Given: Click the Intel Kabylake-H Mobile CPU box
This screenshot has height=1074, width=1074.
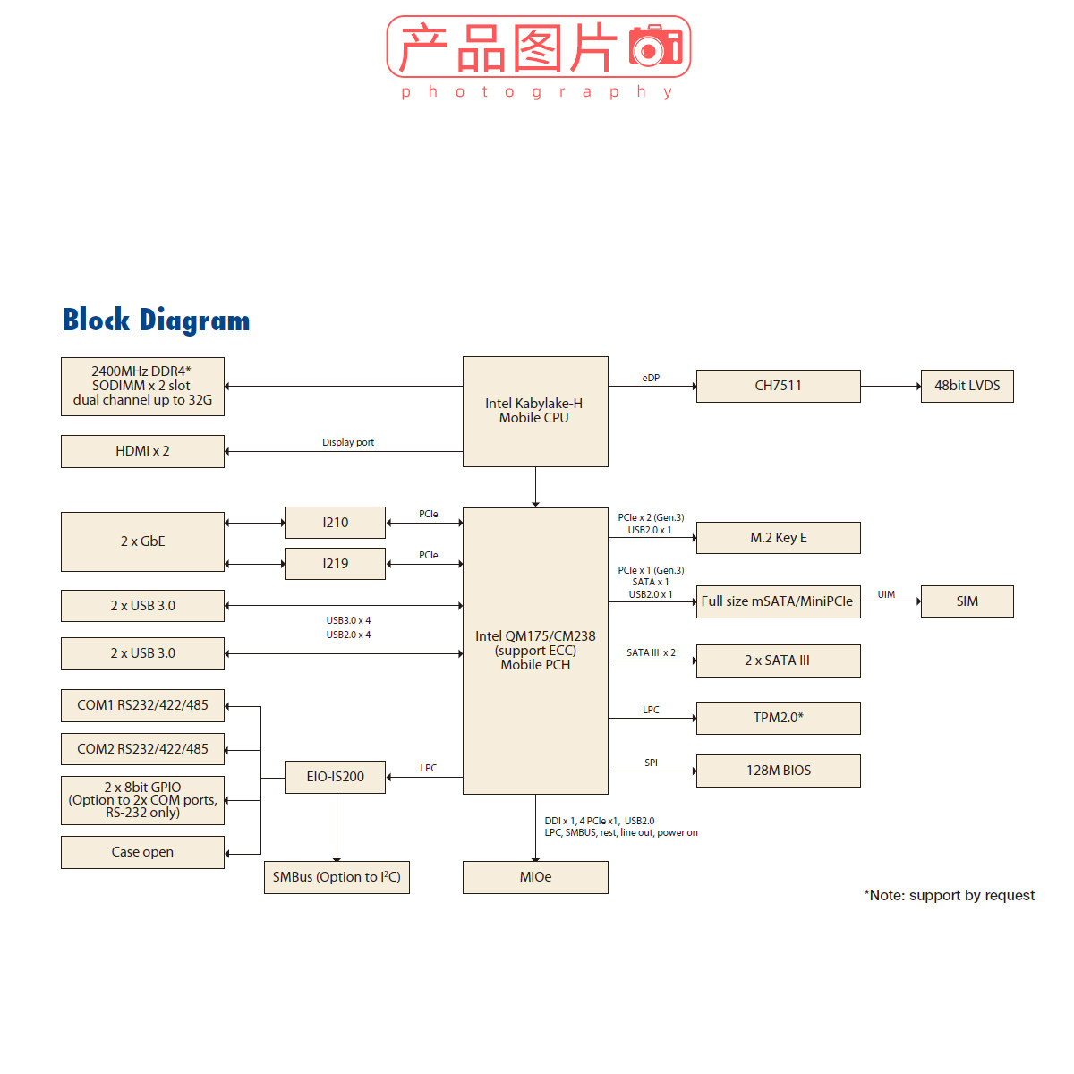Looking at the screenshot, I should coord(535,411).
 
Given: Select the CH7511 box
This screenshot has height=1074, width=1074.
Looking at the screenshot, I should coord(778,386).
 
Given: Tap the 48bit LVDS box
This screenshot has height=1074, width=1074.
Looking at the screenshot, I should coord(967,386).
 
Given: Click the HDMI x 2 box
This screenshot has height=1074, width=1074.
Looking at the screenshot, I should coord(142,451).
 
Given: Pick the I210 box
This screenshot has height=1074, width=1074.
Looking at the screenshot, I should coord(335,523).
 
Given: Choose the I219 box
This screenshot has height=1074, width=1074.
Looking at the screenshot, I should coord(335,564).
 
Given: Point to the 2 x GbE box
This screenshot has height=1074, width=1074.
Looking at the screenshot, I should coord(142,541).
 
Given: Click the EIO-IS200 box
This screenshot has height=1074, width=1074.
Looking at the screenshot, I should coord(335,777).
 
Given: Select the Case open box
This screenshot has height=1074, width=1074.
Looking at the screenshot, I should coord(142,852).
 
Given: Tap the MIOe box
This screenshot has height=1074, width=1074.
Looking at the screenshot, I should coord(535,877).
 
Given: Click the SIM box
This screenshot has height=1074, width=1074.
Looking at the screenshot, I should coord(967,601).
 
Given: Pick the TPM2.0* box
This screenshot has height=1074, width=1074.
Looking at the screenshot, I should coord(778,718).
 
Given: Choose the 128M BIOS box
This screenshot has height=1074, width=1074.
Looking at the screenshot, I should coord(778,771).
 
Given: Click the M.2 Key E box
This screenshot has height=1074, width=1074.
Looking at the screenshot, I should coord(778,538).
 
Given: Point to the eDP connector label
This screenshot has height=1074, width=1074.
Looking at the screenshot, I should coord(651,378).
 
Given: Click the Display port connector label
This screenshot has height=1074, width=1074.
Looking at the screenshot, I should coord(348,442).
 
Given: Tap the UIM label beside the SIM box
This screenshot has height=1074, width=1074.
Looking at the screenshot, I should coord(886,594).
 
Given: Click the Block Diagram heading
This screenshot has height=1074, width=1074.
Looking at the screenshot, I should coord(156,320).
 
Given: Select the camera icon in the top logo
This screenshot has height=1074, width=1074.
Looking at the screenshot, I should coord(655,46).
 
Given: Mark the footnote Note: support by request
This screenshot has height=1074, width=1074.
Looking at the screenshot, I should coord(949,895).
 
